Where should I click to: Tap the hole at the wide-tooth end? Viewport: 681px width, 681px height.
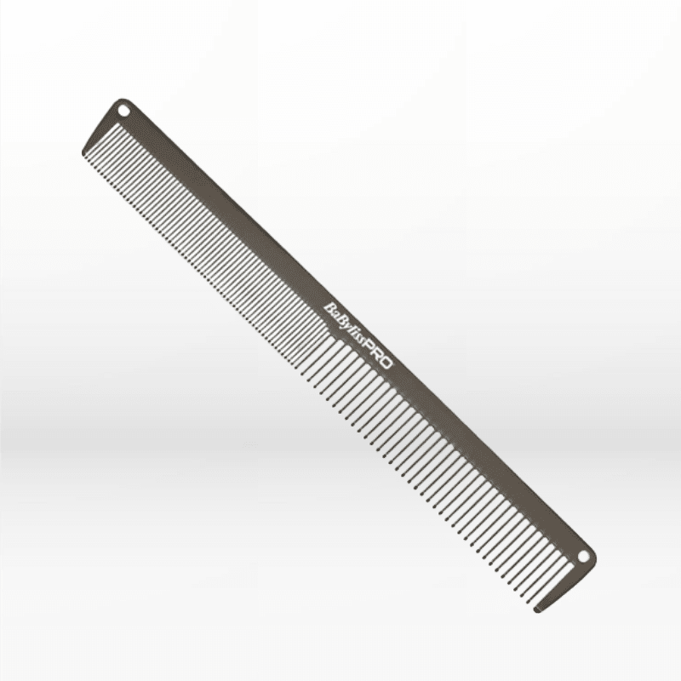coord(584,556)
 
